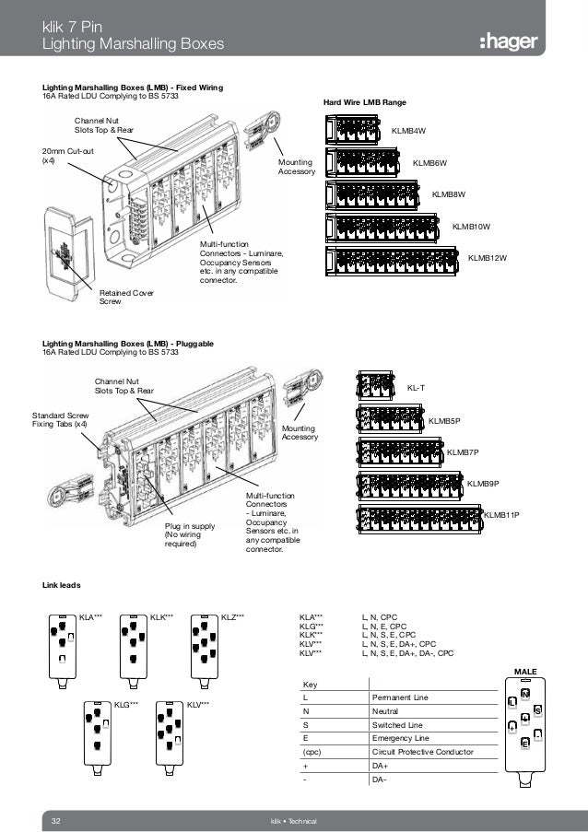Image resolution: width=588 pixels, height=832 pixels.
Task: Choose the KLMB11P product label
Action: (x=502, y=514)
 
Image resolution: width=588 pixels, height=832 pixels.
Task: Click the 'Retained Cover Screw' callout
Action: (x=126, y=297)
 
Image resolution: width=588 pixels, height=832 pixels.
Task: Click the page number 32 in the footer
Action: (x=55, y=820)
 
